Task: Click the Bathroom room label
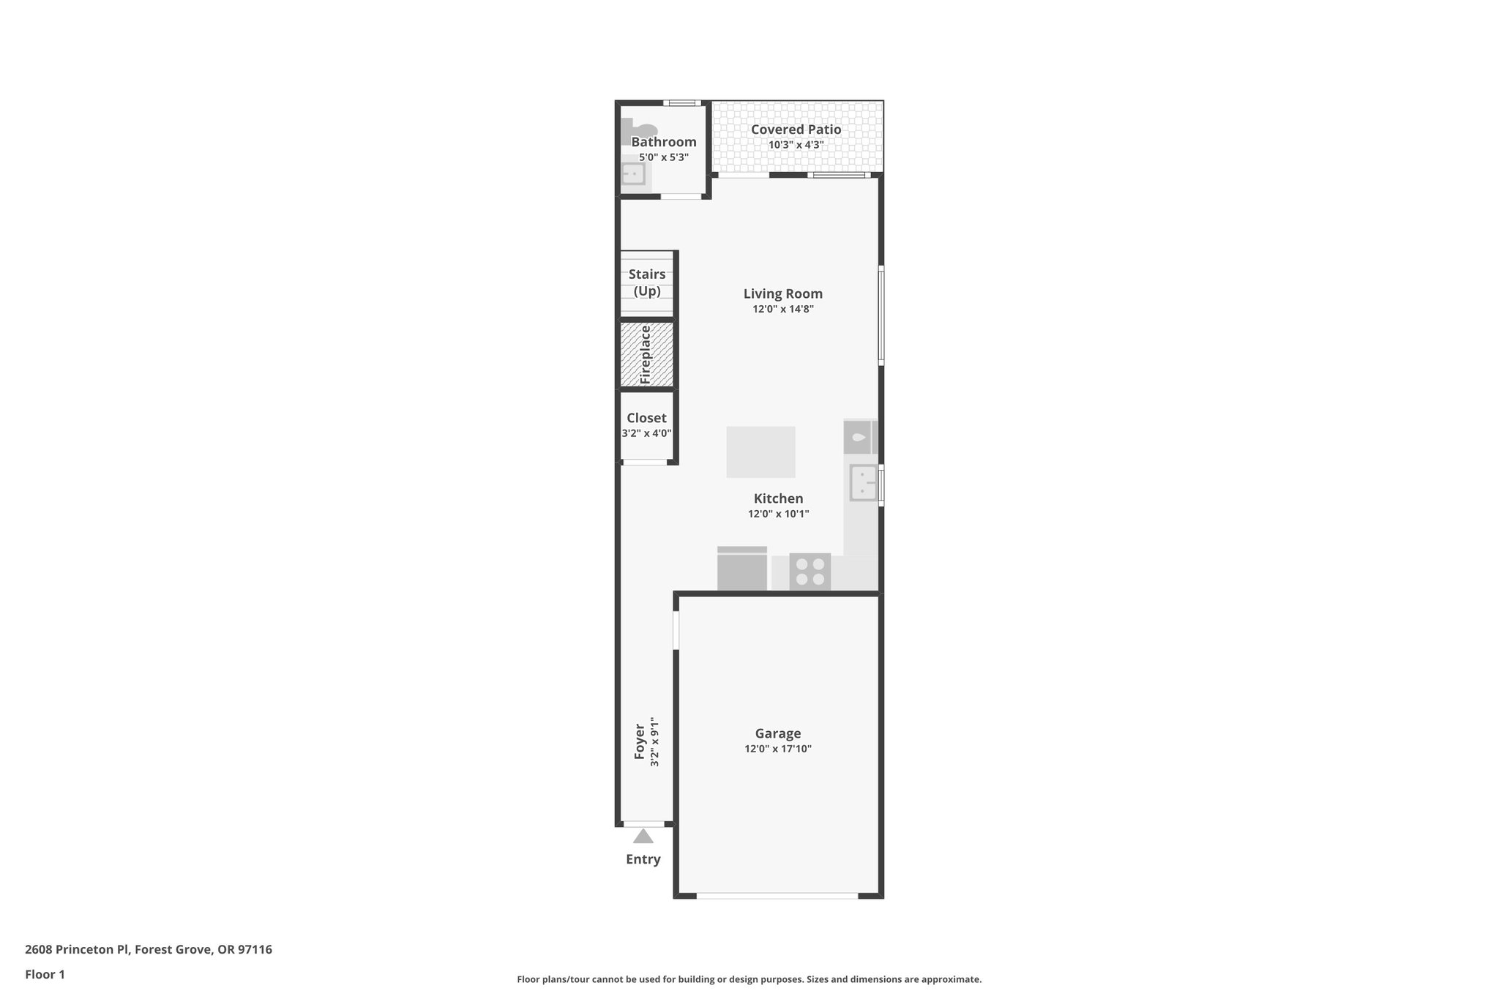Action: [663, 142]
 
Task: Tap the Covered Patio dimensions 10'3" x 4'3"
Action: [796, 145]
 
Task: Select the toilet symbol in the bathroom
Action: [632, 132]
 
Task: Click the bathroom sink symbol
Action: [633, 174]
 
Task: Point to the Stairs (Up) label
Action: [647, 283]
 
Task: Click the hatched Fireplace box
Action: [646, 355]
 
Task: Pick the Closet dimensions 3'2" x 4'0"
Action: [646, 433]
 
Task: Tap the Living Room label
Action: [782, 293]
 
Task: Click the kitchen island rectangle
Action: [760, 452]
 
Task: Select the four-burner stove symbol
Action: [810, 572]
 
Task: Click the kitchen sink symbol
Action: [863, 483]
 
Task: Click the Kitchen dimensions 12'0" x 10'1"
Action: [778, 514]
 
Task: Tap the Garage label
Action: [777, 733]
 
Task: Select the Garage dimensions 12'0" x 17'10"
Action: [777, 749]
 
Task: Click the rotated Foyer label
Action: [640, 741]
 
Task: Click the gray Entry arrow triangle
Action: [643, 836]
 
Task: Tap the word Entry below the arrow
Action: [643, 859]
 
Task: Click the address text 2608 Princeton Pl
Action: [78, 949]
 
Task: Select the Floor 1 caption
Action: [45, 974]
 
